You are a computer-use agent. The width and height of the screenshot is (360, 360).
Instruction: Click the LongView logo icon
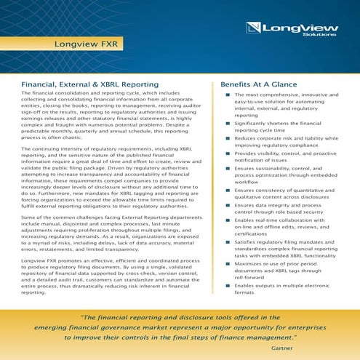255,29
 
